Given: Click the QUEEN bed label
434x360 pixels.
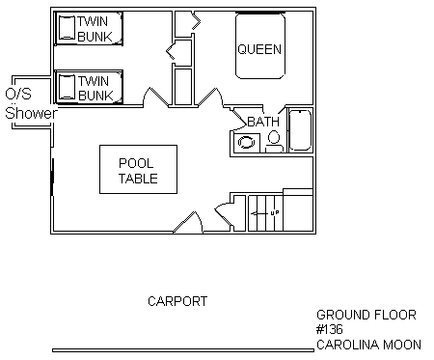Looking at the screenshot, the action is click(259, 49).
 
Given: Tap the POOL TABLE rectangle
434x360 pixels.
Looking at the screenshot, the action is click(138, 169).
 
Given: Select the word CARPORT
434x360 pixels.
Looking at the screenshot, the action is click(177, 301).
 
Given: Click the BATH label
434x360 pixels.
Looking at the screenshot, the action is click(263, 122).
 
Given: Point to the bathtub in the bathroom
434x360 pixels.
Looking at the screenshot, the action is click(300, 130).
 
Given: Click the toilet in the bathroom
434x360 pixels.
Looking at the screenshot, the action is click(274, 142).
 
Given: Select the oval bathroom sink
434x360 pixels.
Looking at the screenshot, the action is click(246, 142).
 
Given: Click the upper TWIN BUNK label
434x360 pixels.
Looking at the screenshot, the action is click(95, 29).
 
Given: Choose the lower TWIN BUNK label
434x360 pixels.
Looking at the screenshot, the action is click(95, 88).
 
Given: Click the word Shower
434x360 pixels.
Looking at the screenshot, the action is click(31, 113).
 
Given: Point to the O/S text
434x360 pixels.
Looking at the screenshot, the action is click(18, 94).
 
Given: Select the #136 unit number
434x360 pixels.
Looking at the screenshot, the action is click(330, 329).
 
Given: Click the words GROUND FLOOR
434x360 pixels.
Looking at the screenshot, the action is click(366, 315).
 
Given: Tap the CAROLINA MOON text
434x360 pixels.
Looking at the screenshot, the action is click(368, 345).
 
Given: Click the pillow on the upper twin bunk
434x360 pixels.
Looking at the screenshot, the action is click(67, 27).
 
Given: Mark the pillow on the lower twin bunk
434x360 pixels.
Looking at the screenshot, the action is click(67, 87).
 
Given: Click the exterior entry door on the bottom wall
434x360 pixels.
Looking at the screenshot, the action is click(188, 222).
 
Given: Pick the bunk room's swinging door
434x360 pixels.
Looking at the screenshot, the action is click(156, 97).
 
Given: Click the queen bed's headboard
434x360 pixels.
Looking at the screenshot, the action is click(260, 13).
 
